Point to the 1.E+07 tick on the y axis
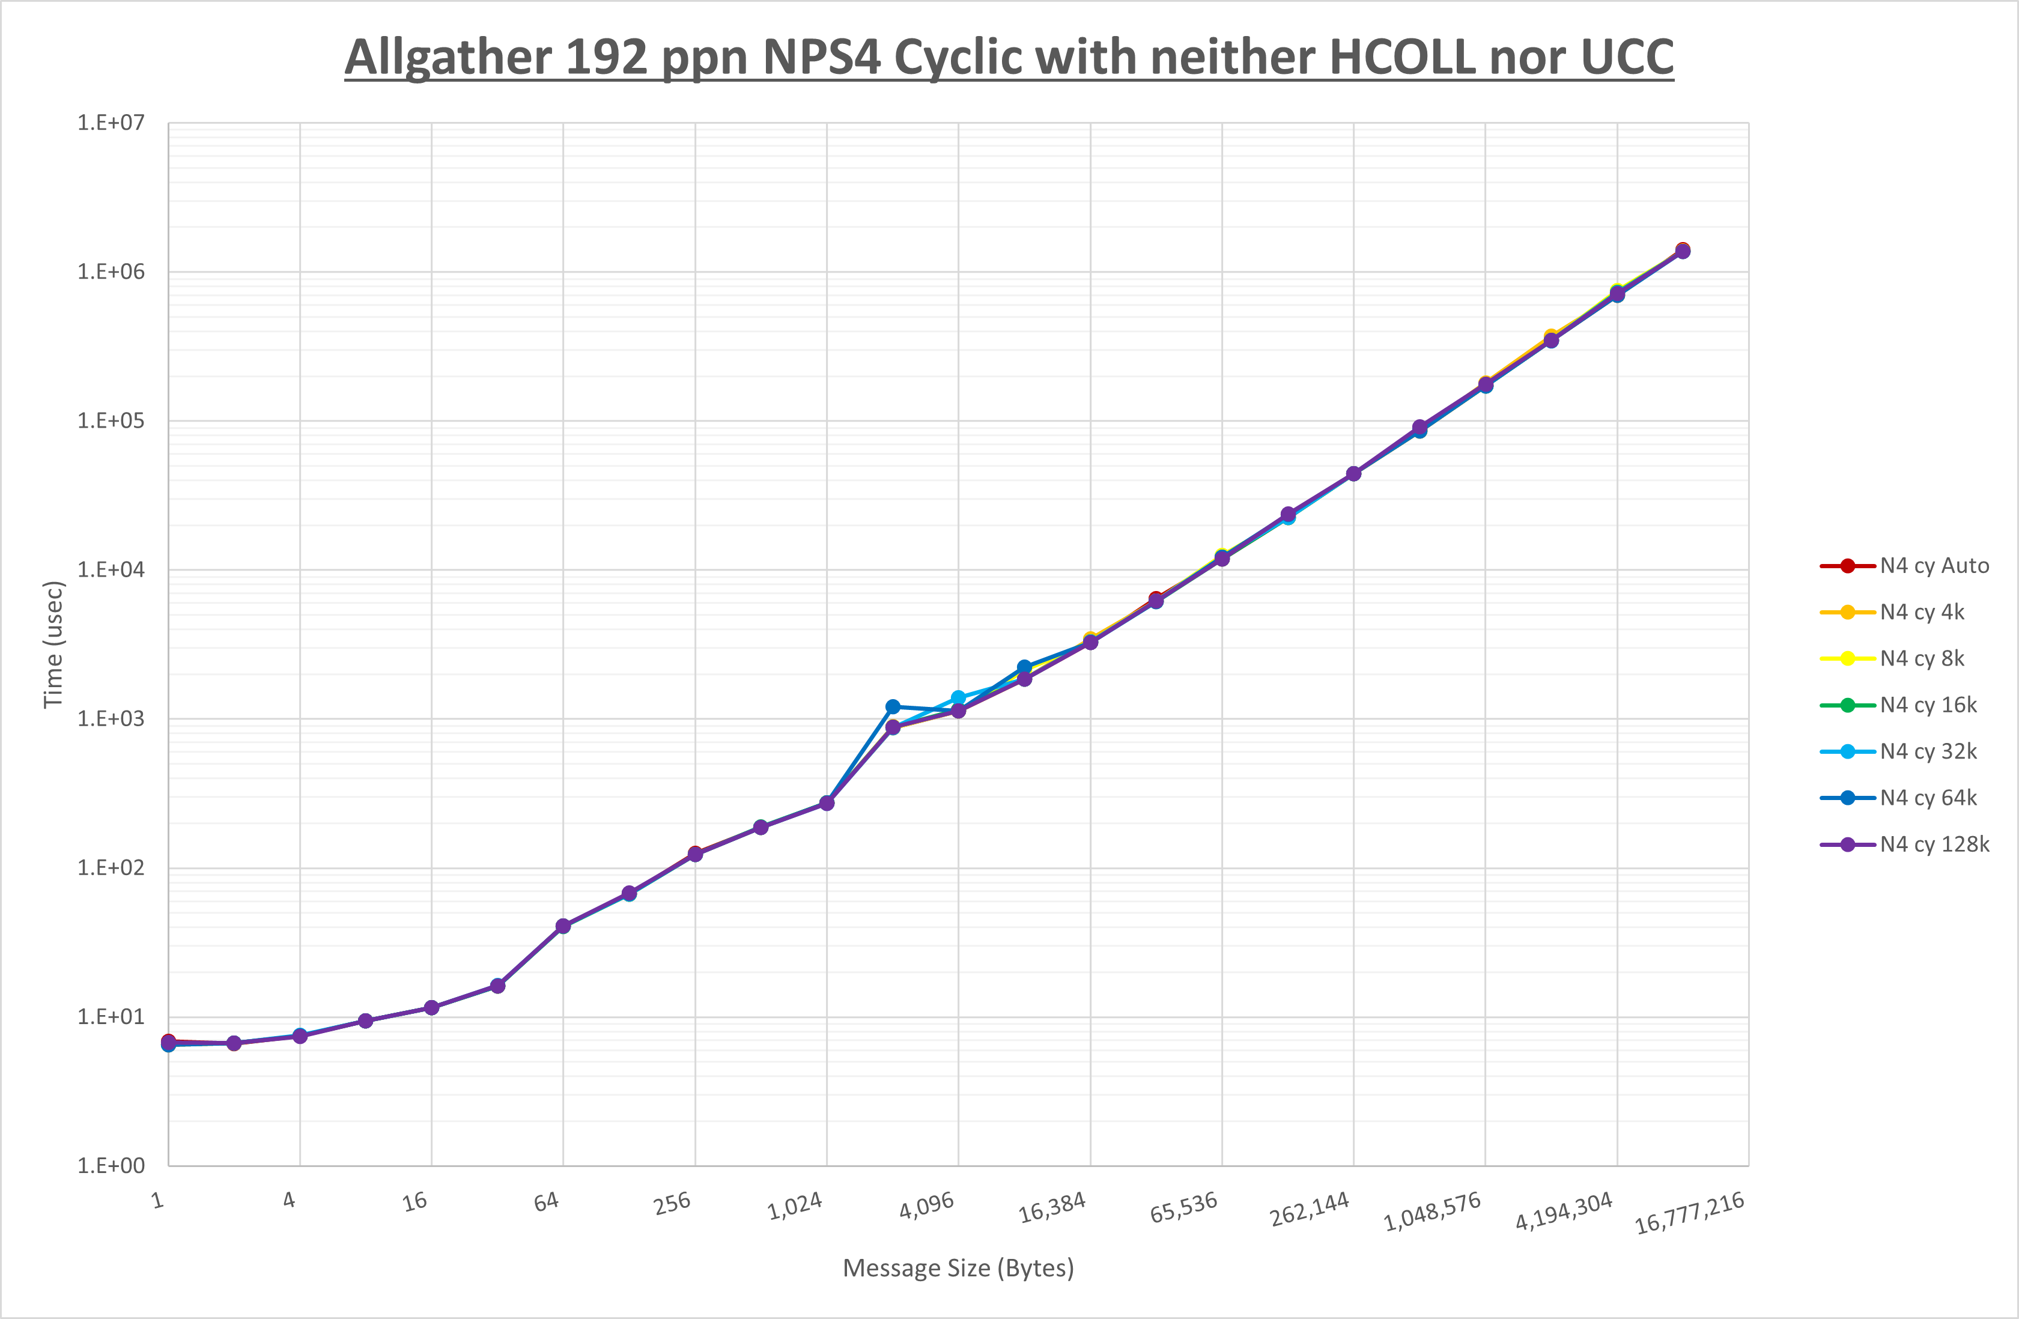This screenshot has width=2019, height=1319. pos(111,123)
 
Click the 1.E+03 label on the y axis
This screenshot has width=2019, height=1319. pos(111,718)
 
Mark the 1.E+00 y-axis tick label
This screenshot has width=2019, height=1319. pos(111,1165)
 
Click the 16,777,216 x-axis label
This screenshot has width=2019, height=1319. pos(1689,1213)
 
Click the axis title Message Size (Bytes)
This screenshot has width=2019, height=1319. pos(958,1268)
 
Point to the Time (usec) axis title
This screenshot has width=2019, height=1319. pos(53,644)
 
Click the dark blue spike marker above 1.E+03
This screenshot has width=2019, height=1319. pos(893,706)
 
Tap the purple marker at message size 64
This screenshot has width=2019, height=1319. pos(563,926)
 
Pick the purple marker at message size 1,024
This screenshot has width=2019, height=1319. pos(827,803)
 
